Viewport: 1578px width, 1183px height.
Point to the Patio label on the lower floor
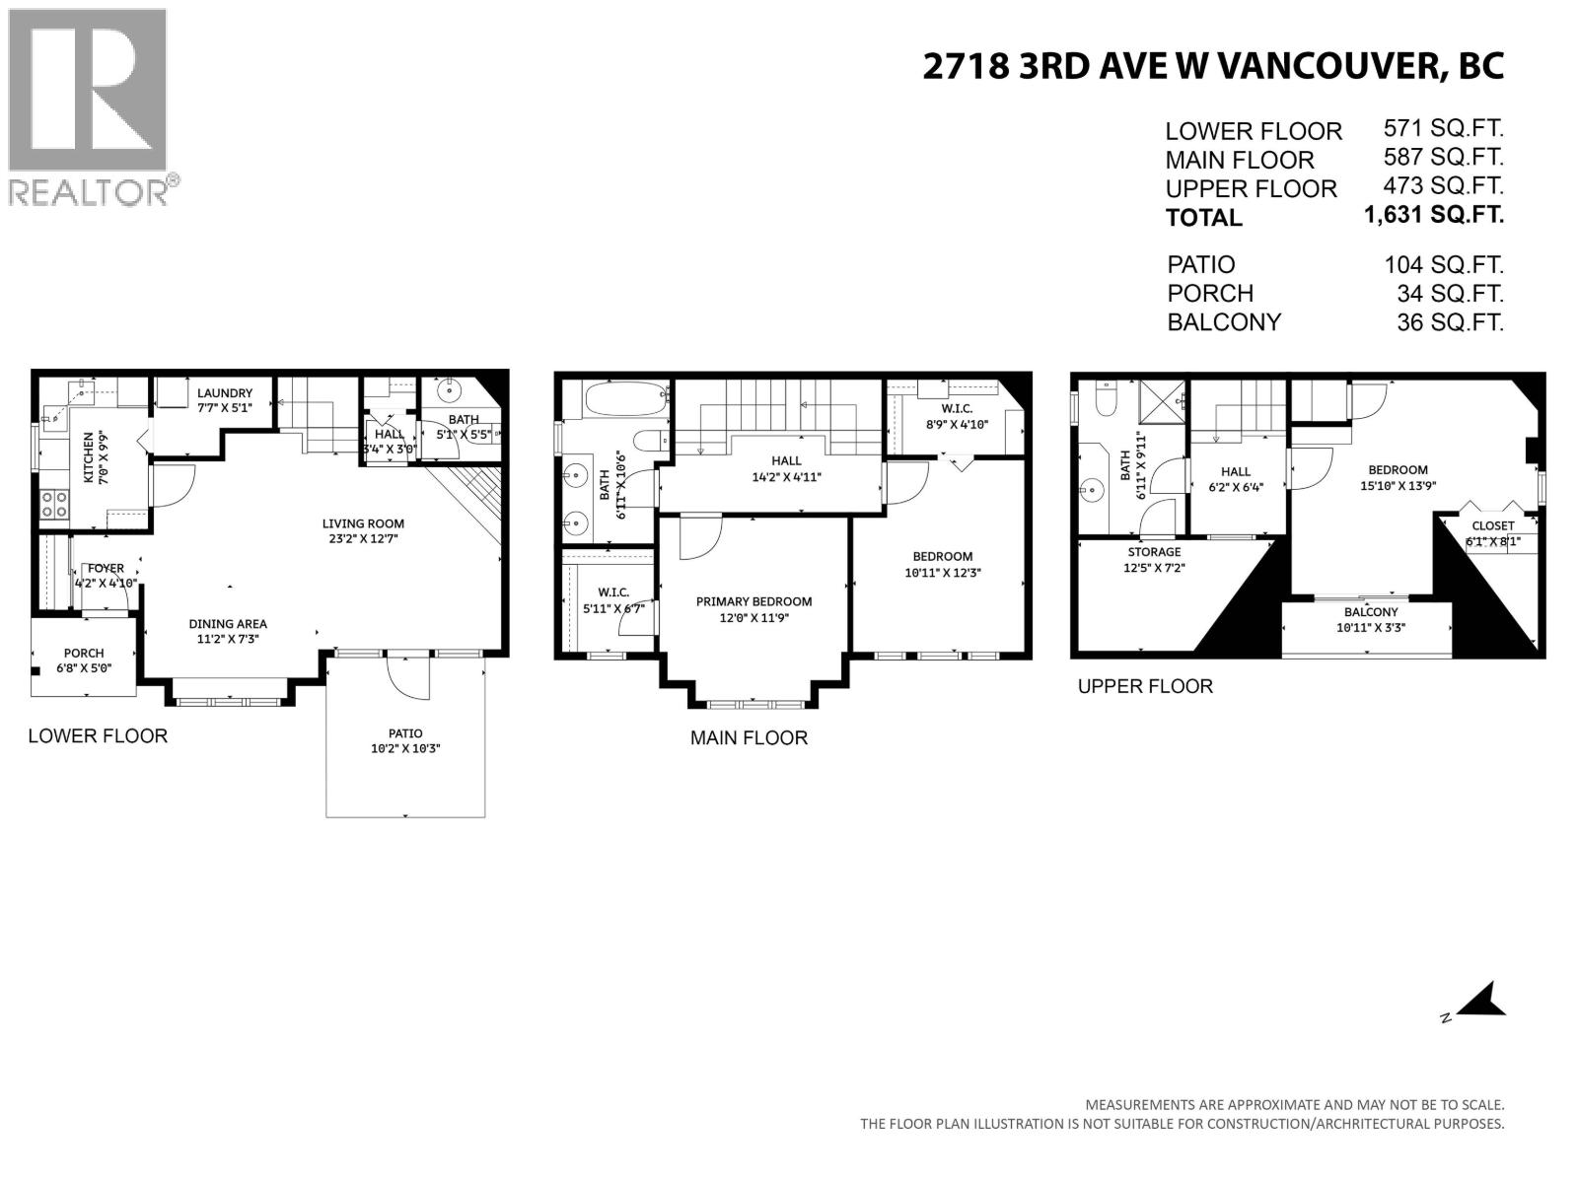[405, 733]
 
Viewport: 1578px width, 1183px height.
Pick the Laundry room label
[225, 392]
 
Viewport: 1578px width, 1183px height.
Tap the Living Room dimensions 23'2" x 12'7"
[363, 538]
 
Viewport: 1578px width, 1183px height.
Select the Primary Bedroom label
[753, 601]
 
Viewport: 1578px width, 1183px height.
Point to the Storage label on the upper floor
[1154, 552]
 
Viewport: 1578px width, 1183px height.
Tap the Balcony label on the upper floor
[1371, 612]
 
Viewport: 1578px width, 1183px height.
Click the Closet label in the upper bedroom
[1492, 525]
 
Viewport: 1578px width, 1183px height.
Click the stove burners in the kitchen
[54, 504]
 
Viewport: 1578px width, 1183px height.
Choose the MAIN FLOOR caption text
[749, 737]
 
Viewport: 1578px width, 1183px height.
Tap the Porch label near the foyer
[84, 653]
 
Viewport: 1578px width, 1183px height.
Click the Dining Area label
[228, 623]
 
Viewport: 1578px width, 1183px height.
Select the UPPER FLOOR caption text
[1145, 686]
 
